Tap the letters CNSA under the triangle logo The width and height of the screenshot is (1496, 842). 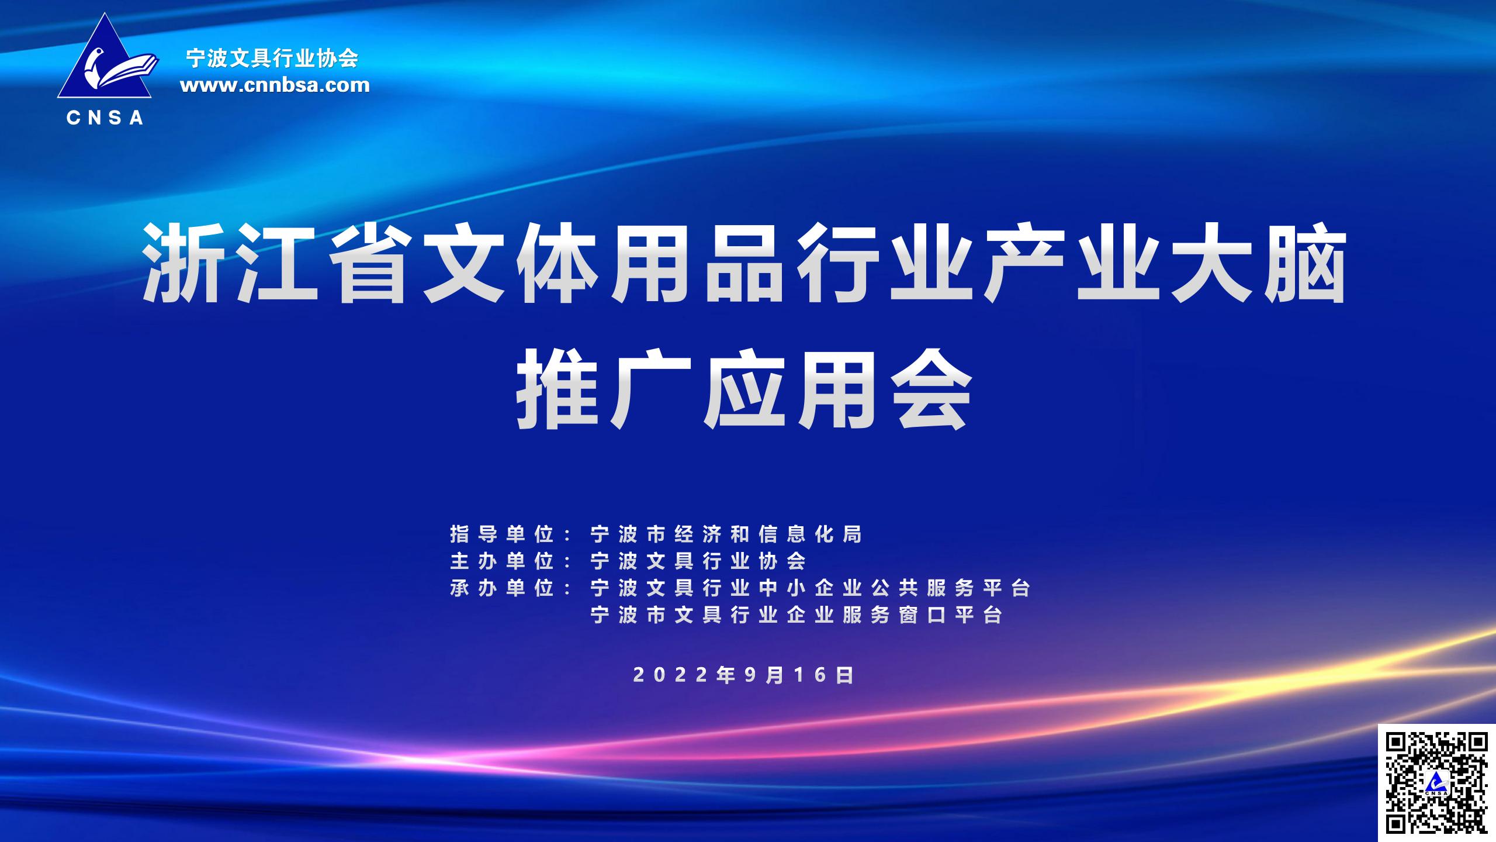105,118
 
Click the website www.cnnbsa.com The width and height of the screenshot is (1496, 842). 275,85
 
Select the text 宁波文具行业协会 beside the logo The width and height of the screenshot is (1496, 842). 272,58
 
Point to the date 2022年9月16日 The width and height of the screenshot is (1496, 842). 743,675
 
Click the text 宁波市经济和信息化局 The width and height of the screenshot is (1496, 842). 726,534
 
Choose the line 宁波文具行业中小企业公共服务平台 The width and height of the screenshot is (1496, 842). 810,588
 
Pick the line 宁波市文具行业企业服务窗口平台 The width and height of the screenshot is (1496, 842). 797,615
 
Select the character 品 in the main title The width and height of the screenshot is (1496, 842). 744,267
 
